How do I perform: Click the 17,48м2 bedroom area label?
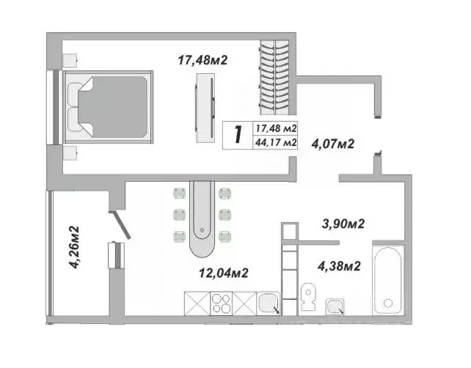(202, 60)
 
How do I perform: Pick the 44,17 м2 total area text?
(275, 142)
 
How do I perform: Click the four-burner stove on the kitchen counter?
(224, 303)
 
